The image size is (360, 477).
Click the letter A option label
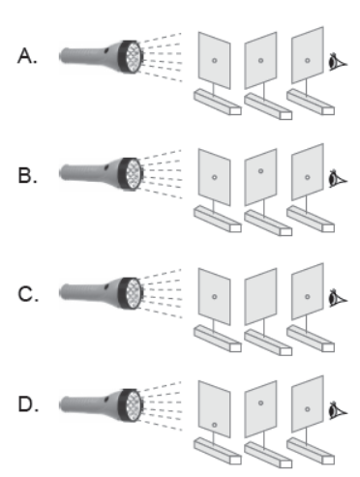(x=27, y=55)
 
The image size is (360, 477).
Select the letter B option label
(x=27, y=176)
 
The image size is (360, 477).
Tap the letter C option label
(x=28, y=294)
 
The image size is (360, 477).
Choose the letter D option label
(x=28, y=404)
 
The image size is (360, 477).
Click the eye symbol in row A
(x=338, y=62)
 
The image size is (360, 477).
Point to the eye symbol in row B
(x=338, y=179)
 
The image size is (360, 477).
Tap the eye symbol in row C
(x=338, y=298)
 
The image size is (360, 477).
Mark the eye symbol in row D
(x=338, y=410)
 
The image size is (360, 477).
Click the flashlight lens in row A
(x=133, y=57)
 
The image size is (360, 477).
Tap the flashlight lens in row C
(x=133, y=294)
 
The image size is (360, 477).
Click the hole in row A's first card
(x=215, y=60)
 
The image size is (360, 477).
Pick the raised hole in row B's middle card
(x=260, y=171)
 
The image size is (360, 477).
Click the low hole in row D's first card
(x=215, y=425)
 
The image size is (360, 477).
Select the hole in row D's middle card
(x=260, y=402)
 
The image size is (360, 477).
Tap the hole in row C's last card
(x=308, y=297)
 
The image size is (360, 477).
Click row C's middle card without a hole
(x=260, y=296)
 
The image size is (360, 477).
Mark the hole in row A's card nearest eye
(x=308, y=60)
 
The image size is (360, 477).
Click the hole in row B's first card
(x=215, y=177)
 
